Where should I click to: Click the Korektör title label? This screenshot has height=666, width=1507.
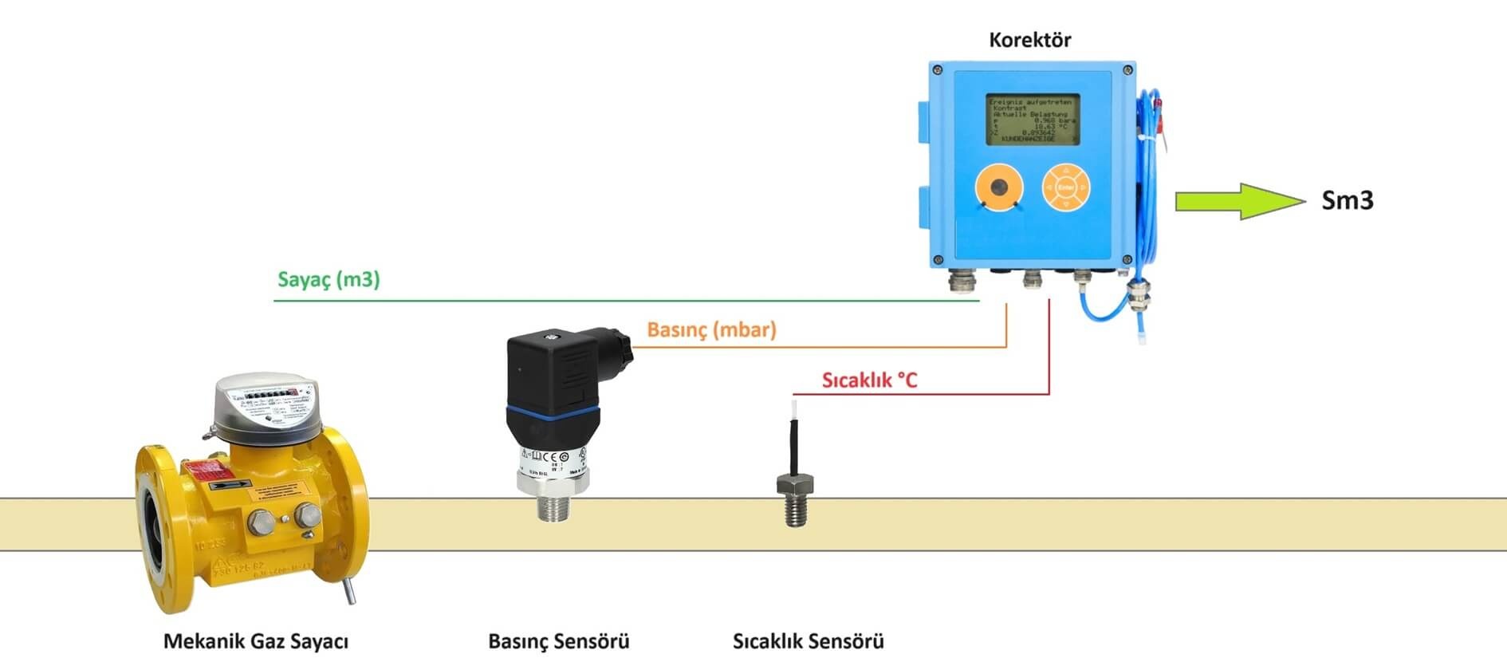click(x=1029, y=39)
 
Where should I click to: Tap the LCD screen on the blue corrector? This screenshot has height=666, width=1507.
click(x=1033, y=120)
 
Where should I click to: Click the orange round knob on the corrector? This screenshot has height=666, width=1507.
click(x=998, y=188)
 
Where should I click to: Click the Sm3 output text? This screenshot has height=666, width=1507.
click(x=1347, y=200)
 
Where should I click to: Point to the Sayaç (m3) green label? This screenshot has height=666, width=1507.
click(x=329, y=280)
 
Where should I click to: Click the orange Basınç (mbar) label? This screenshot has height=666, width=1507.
click(x=711, y=329)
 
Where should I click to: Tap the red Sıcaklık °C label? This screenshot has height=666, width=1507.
click(x=869, y=380)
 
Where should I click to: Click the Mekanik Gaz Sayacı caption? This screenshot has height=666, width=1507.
click(x=256, y=641)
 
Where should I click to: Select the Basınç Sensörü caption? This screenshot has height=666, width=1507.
click(x=558, y=641)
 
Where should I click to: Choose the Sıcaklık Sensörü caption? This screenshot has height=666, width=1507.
click(x=808, y=641)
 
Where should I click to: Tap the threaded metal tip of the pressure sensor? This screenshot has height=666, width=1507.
click(x=553, y=506)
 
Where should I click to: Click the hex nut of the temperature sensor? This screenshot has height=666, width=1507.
click(x=795, y=483)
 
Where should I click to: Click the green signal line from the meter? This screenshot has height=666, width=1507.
click(x=622, y=301)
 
